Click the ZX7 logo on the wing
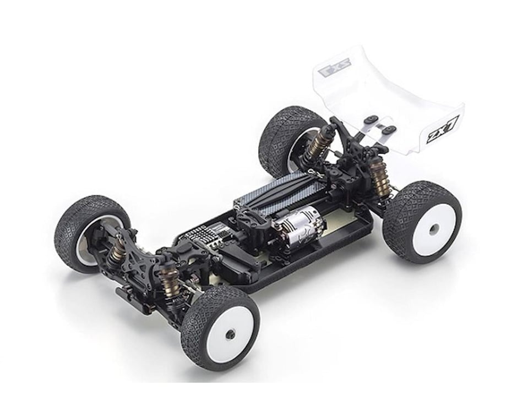(x=440, y=131)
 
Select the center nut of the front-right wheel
(x=230, y=333)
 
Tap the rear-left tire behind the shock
(x=281, y=132)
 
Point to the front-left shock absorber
(x=117, y=251)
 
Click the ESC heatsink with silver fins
(x=206, y=237)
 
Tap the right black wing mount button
(x=390, y=130)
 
